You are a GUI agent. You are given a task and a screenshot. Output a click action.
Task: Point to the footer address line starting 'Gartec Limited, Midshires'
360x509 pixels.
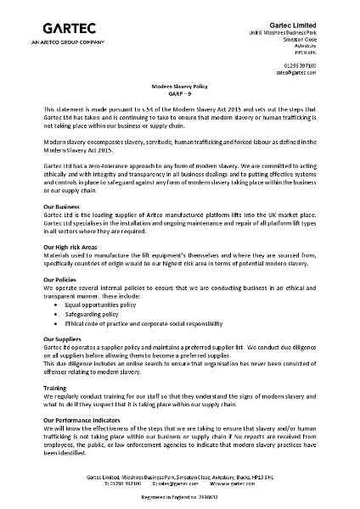181,478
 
